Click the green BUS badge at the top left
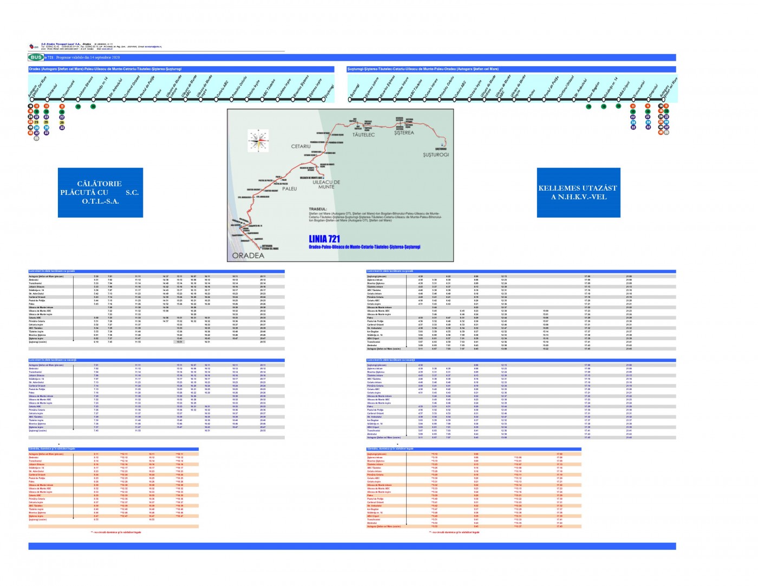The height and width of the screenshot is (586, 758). click(36, 57)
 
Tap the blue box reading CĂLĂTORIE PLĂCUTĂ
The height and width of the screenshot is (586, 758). click(100, 192)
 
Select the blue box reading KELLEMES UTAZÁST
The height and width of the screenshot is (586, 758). click(578, 192)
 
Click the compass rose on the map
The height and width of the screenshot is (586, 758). click(258, 140)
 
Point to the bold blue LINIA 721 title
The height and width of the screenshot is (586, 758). click(324, 238)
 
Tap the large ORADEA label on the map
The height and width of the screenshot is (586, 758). click(248, 256)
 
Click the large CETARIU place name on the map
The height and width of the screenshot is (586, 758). click(301, 146)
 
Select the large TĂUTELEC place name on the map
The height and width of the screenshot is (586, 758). click(363, 135)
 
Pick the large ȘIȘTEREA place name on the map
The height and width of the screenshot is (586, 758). click(404, 133)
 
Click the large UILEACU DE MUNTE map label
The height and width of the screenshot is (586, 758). click(326, 184)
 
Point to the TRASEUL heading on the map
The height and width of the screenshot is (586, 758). click(318, 209)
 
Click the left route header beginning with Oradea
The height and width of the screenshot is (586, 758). click(106, 69)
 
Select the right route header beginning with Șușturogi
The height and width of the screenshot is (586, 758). click(423, 69)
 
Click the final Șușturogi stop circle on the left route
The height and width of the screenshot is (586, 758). click(324, 100)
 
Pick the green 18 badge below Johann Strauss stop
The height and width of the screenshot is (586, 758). click(78, 106)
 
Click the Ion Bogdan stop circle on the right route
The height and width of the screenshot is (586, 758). click(589, 100)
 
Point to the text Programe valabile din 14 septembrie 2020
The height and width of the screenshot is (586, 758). click(88, 57)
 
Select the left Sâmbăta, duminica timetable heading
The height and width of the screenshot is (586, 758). click(52, 449)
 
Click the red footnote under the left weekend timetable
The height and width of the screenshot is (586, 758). click(116, 532)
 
